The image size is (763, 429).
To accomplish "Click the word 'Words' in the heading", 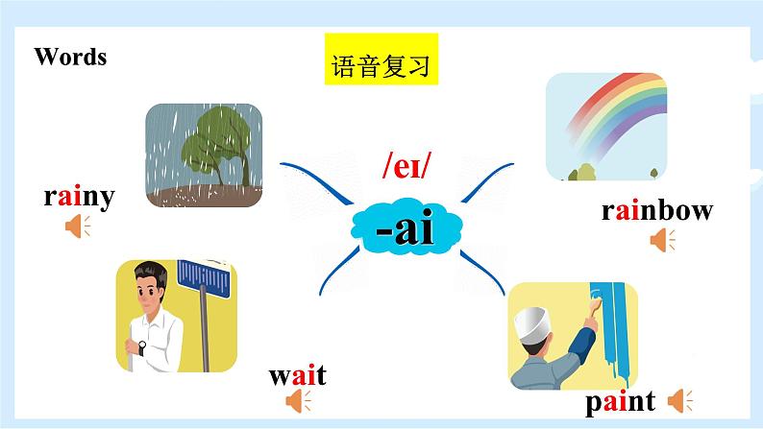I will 70,57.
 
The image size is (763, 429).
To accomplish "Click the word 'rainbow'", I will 657,210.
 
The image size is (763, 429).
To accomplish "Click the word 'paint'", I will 620,400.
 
